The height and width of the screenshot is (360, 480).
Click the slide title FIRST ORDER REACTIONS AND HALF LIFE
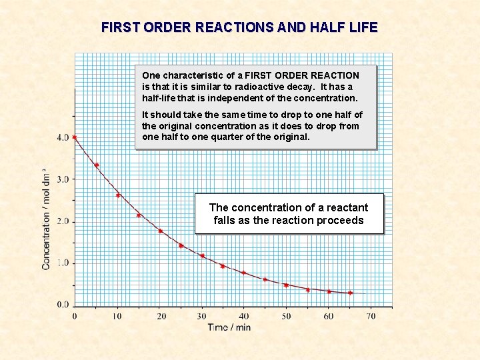click(239, 27)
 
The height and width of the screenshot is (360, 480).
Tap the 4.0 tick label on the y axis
click(62, 137)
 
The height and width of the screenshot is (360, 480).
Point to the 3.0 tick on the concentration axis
click(62, 179)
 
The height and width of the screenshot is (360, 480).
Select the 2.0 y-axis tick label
click(62, 221)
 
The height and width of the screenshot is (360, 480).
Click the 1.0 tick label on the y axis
click(62, 263)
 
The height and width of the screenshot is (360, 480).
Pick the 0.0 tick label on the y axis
click(62, 305)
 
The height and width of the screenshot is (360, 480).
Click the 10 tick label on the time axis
click(117, 316)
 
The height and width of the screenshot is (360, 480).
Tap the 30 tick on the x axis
click(202, 316)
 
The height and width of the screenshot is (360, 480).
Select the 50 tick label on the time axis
click(286, 316)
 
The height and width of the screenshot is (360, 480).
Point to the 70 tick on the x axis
click(371, 316)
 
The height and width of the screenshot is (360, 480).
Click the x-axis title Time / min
click(229, 327)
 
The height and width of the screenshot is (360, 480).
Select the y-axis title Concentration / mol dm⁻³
click(47, 217)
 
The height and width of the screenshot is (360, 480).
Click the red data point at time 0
click(75, 137)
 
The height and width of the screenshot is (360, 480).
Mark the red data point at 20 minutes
click(160, 231)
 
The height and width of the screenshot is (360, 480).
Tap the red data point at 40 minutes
click(244, 273)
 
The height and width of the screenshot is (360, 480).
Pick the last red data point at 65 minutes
click(350, 293)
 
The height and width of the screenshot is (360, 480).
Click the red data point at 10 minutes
click(118, 195)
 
